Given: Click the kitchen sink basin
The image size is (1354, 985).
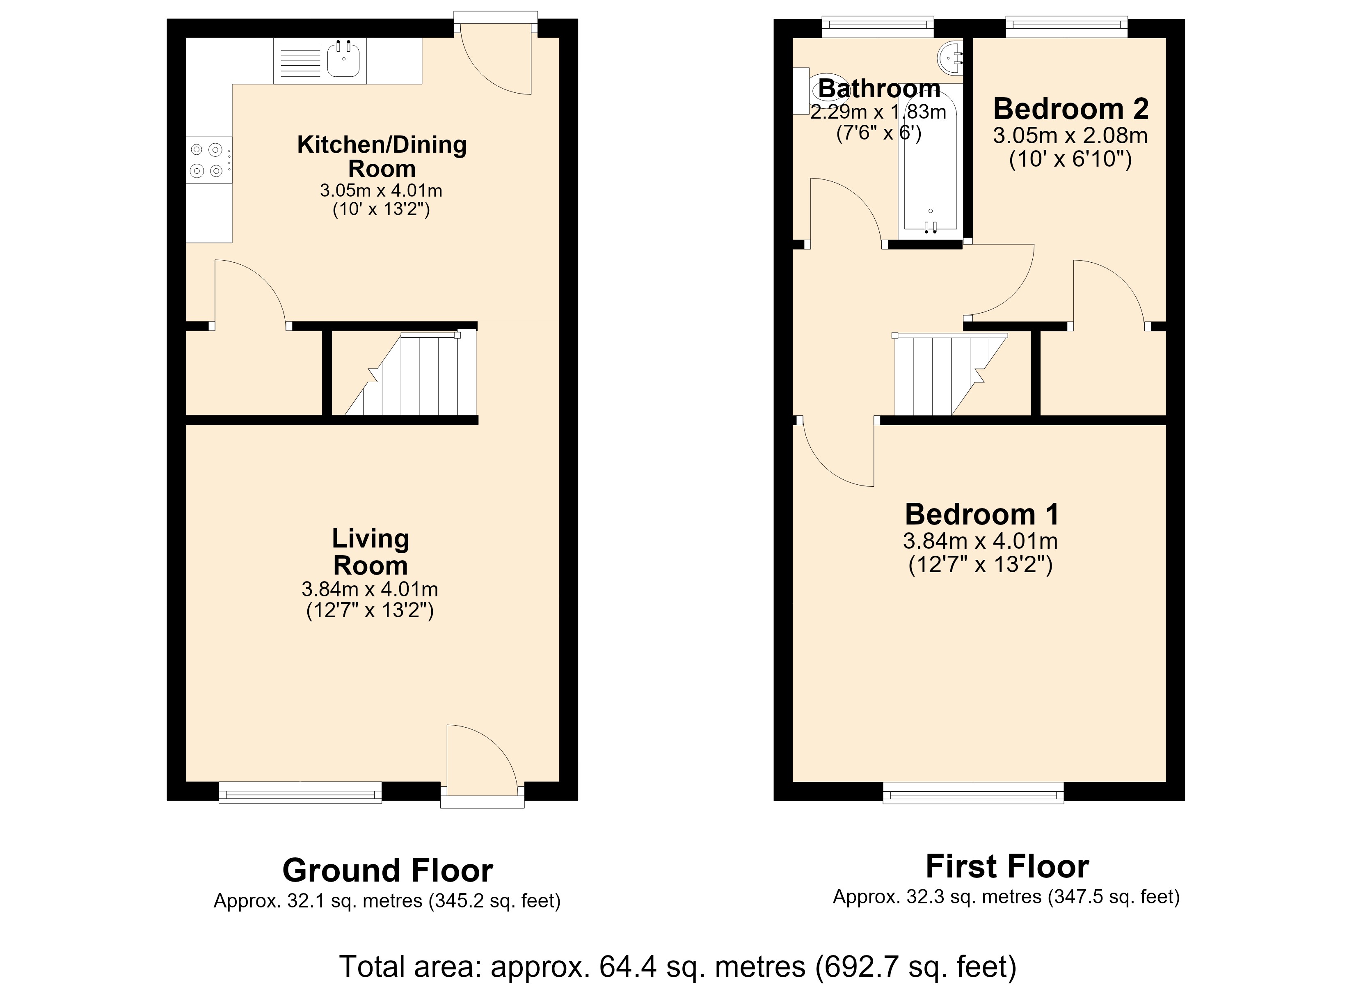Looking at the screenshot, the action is pos(344,60).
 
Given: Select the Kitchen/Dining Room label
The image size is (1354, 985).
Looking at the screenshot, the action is pos(382,156).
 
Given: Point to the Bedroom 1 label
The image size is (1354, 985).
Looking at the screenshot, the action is pos(982,514).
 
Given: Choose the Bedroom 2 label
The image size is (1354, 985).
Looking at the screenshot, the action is pos(1071,109).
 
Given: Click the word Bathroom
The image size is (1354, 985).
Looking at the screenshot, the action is pos(879,88).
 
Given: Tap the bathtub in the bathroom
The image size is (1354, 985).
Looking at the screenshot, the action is pos(930,164).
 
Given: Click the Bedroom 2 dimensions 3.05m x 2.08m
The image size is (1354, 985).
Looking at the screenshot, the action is pos(1070,135).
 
